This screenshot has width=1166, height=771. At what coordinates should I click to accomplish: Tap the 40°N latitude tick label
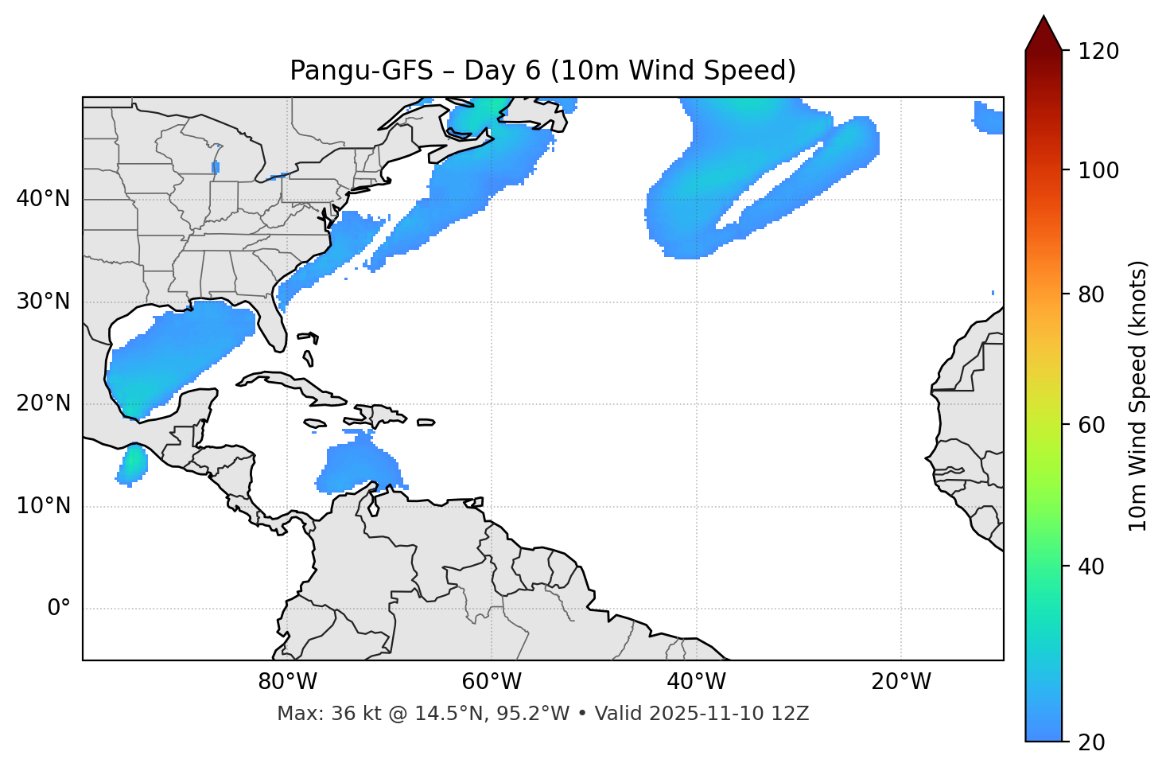(43, 199)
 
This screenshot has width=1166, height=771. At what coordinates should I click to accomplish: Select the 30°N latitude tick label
(43, 302)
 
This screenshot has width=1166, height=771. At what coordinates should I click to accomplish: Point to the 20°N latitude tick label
(43, 403)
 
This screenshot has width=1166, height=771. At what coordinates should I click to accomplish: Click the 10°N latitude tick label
(43, 506)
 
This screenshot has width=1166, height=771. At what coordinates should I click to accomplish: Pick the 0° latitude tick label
(58, 609)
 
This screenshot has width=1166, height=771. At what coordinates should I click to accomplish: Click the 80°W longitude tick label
(287, 682)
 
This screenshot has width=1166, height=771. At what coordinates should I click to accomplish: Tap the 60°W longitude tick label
(492, 682)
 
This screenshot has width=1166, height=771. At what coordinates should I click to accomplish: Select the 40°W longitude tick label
(696, 682)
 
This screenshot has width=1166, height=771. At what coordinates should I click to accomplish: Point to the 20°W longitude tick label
(900, 682)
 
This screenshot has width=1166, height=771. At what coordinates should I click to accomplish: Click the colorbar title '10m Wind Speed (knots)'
(1138, 396)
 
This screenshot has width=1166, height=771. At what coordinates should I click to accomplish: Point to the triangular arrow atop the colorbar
(1044, 33)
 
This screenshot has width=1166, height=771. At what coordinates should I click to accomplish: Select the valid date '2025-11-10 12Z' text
(729, 714)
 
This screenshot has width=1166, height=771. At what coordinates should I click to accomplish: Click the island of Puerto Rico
(426, 422)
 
